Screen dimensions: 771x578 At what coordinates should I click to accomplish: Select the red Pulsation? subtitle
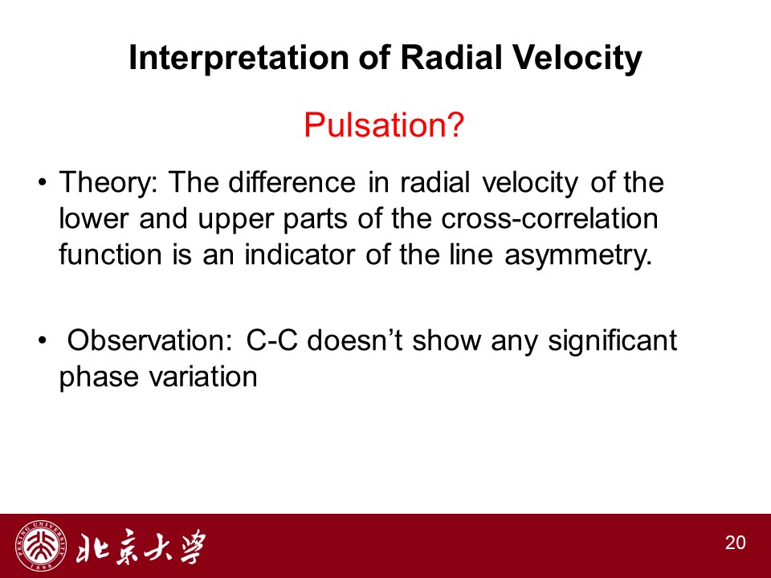[384, 125]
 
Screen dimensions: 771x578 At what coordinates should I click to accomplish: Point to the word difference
[292, 182]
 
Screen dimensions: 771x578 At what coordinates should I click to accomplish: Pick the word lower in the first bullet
[93, 218]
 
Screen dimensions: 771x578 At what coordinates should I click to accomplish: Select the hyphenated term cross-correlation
[549, 218]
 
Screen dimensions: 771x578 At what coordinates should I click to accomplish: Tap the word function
[110, 254]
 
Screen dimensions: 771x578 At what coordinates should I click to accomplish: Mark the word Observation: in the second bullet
[149, 340]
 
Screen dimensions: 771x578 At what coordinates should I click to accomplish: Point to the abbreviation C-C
[272, 340]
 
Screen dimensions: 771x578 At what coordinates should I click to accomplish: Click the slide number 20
[735, 543]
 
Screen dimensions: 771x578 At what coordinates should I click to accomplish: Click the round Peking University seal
[41, 546]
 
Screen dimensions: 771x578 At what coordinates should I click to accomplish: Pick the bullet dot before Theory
[43, 183]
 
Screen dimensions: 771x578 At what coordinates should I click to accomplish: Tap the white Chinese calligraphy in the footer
[141, 547]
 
